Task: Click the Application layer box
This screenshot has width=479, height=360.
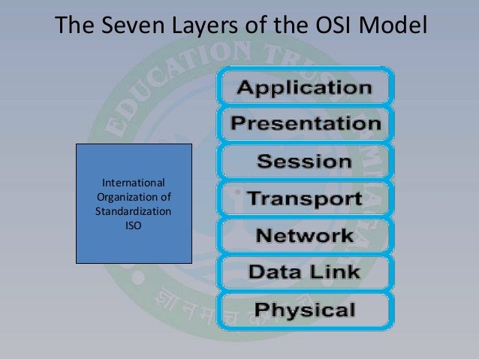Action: [x=304, y=87]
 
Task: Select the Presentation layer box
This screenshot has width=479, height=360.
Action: [x=304, y=124]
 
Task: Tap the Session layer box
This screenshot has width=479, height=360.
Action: [x=304, y=162]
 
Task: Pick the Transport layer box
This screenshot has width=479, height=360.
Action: [x=304, y=199]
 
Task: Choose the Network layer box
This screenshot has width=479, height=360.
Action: [x=304, y=236]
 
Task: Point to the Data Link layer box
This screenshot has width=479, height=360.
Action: [x=304, y=272]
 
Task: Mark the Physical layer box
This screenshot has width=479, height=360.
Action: [x=304, y=309]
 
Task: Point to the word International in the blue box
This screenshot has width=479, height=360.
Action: [x=134, y=183]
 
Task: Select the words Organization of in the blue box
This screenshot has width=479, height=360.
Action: [x=134, y=198]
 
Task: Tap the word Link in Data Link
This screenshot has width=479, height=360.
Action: [x=335, y=272]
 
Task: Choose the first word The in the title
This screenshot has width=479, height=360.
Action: [x=74, y=28]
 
